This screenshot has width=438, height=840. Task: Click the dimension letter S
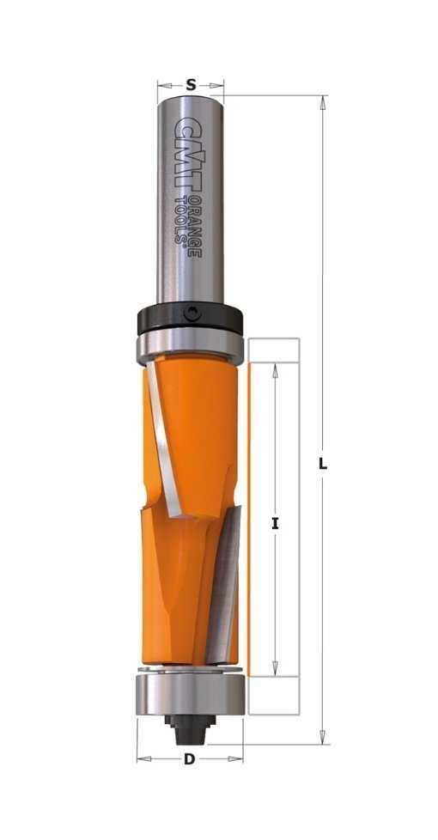191,85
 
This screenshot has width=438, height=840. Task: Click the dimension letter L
322,465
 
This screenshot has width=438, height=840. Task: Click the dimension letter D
189,758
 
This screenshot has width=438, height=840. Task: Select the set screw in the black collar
192,313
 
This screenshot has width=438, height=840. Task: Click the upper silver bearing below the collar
190,345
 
